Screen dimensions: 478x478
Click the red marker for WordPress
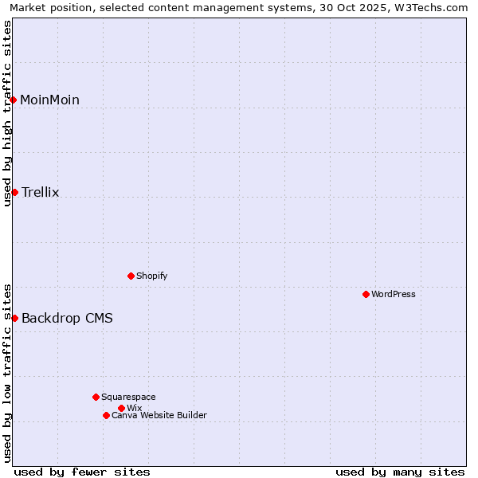point(366,294)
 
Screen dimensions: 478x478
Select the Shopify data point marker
point(131,276)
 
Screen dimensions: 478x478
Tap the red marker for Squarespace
point(96,397)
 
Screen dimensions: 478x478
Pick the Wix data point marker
point(121,408)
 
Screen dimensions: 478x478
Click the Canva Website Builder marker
point(106,415)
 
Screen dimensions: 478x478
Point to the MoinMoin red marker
point(14,100)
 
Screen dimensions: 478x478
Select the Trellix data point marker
point(14,192)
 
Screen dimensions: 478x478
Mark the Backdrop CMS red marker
point(14,318)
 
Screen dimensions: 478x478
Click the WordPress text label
point(394,294)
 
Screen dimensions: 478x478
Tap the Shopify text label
point(152,276)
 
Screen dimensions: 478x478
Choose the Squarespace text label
point(128,397)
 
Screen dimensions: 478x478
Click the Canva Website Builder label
point(159,415)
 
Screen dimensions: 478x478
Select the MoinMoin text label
point(49,100)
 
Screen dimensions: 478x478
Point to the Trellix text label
point(41,192)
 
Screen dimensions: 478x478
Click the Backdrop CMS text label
point(67,318)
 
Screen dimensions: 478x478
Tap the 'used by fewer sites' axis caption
point(82,472)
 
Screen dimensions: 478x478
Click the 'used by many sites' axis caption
point(400,472)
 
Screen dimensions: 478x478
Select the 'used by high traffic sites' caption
point(7,112)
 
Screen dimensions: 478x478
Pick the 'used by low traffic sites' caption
point(7,373)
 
